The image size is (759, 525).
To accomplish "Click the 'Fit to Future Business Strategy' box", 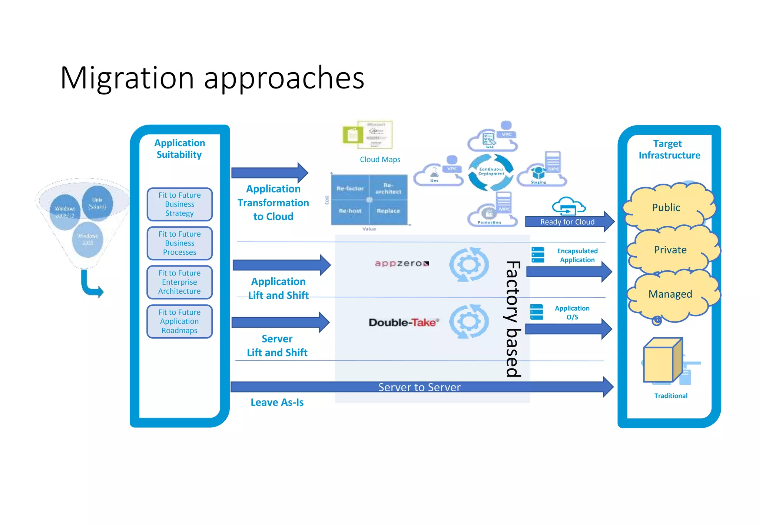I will [179, 204].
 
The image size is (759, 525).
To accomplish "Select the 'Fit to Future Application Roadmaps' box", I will [179, 321].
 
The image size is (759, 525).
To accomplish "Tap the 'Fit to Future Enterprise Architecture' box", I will [179, 282].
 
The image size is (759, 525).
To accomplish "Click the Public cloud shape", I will [666, 207].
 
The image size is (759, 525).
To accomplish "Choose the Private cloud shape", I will [670, 250].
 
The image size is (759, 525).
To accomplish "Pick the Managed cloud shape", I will [670, 294].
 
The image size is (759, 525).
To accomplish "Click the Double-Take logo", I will [404, 322].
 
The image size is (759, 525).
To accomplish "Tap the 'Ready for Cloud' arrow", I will [567, 222].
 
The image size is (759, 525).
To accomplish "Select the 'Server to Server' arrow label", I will [419, 387].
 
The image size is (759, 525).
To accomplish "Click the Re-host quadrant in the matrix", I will [350, 211].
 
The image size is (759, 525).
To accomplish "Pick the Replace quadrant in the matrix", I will [388, 211].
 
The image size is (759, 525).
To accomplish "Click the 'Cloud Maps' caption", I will [380, 160].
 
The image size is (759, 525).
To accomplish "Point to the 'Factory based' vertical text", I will [513, 318].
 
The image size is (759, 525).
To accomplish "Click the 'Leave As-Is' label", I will [277, 402].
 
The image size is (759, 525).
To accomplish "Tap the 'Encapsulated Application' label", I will [577, 255].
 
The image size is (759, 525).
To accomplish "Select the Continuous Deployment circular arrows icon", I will [491, 172].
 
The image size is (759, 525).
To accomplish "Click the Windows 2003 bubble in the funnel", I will [87, 239].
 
